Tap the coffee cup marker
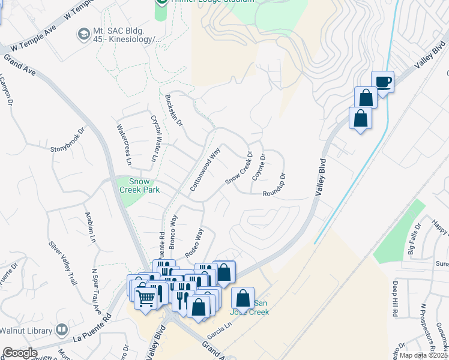pyautogui.click(x=382, y=82)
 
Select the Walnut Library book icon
pyautogui.click(x=61, y=329)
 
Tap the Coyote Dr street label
pyautogui.click(x=259, y=166)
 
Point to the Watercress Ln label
pyautogui.click(x=124, y=145)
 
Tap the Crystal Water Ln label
pyautogui.click(x=154, y=138)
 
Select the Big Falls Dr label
pyautogui.click(x=415, y=238)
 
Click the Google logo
pyautogui.click(x=20, y=353)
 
